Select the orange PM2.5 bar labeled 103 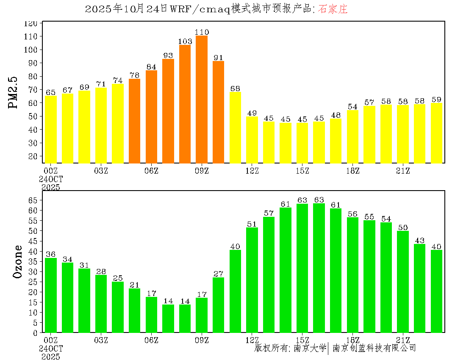click(185, 104)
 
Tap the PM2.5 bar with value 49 click(252, 140)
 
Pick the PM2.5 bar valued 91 click(219, 112)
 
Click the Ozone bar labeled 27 click(219, 305)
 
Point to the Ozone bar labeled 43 click(419, 288)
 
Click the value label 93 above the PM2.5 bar click(168, 55)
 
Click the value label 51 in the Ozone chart click(252, 224)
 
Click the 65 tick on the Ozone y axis click(34, 200)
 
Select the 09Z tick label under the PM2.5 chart click(202, 171)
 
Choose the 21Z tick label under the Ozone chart click(403, 340)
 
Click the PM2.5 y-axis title click(14, 92)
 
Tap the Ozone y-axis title click(18, 261)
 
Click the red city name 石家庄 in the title click(333, 9)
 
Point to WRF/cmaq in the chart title click(200, 9)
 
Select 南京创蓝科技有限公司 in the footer click(374, 348)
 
